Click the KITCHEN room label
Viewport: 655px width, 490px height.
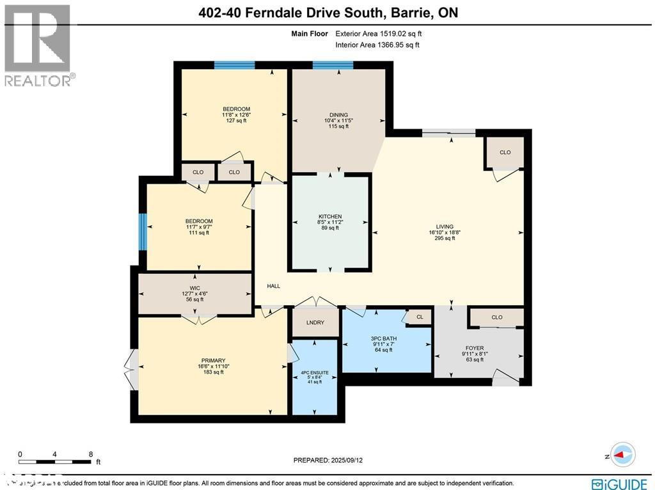331,217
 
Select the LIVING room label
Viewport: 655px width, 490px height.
445,226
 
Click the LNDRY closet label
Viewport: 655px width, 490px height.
315,323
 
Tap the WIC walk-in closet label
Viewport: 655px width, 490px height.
195,288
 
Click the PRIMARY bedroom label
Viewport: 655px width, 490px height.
212,361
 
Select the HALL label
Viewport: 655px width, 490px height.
273,286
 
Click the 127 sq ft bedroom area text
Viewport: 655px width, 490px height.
236,120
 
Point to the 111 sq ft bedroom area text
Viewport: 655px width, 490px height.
199,233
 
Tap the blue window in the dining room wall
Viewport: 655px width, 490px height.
333,65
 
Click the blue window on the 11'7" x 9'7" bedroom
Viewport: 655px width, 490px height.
143,231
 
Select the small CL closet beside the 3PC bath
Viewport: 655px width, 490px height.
420,317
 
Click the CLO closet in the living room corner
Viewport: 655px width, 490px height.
505,152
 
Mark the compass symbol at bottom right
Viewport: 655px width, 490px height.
622,454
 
